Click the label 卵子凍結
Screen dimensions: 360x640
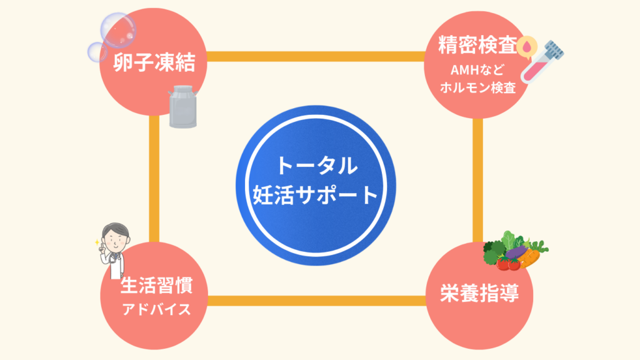[154, 62]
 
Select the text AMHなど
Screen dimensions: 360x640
[477, 70]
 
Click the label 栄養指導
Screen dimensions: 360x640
[478, 293]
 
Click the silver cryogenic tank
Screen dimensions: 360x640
[182, 107]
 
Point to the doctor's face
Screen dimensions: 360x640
[116, 237]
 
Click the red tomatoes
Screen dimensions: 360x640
[508, 264]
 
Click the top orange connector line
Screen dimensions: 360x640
[316, 57]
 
